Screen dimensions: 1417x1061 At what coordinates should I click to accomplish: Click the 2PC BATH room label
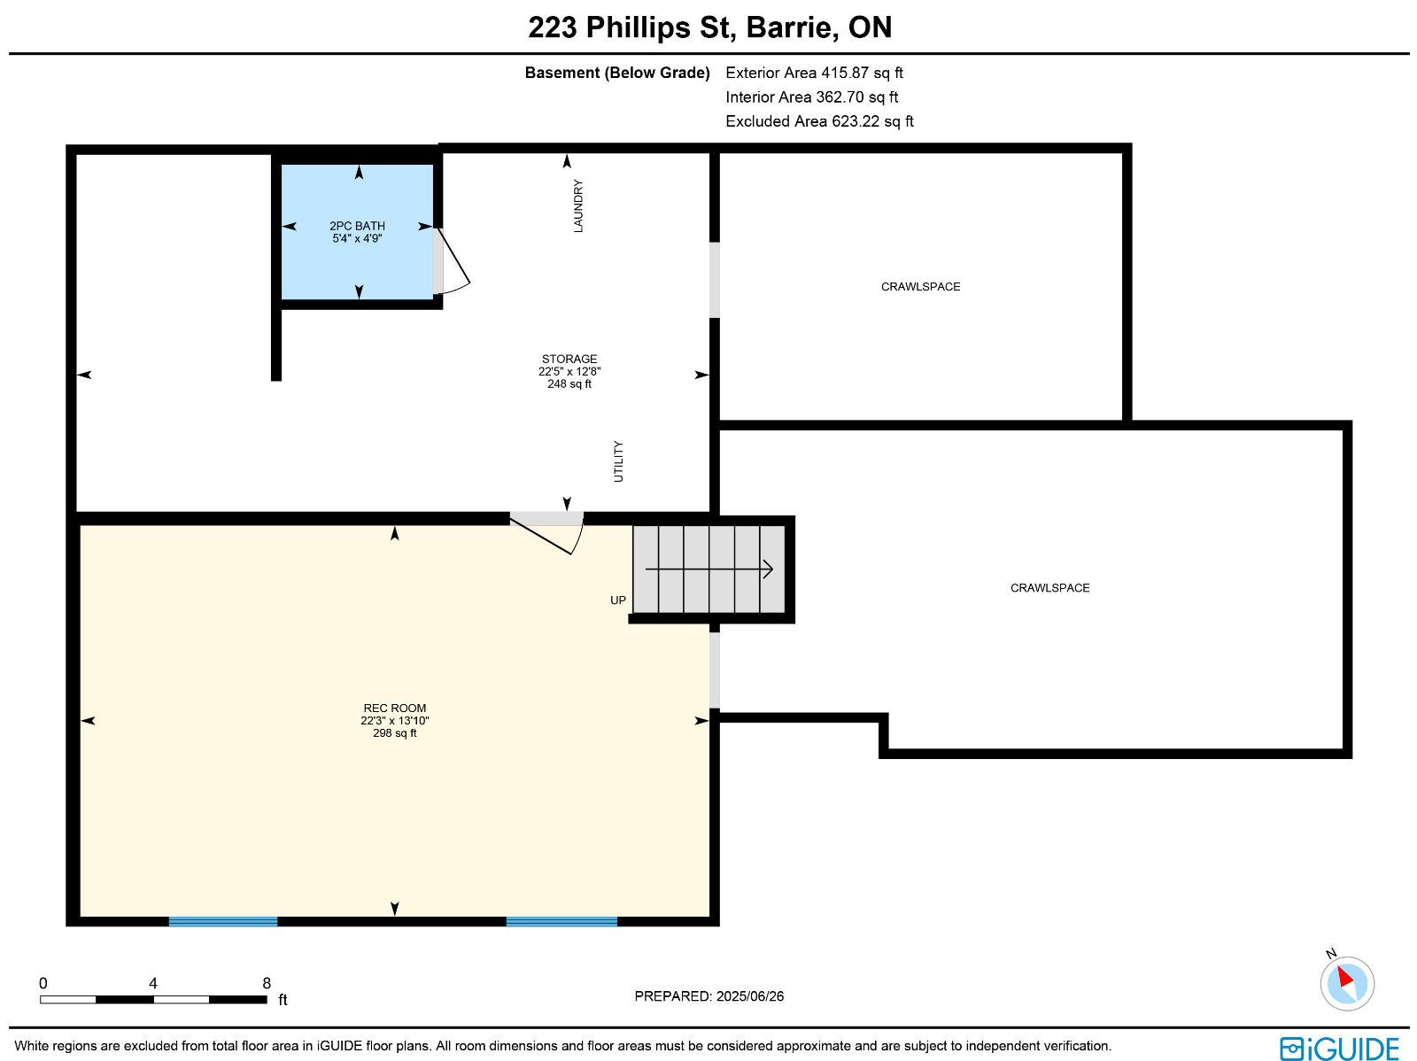pos(357,226)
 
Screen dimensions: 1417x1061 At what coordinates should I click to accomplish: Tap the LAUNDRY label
pos(578,205)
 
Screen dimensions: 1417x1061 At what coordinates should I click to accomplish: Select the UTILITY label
pos(618,461)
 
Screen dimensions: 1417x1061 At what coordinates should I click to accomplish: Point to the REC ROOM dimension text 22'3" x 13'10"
pos(394,720)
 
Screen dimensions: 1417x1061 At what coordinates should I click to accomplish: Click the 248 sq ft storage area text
pos(569,384)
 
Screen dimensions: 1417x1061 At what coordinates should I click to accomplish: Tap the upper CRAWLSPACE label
pos(920,287)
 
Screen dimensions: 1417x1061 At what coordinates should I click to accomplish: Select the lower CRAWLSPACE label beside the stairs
pos(1049,588)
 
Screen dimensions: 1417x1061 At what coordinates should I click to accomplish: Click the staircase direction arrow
pos(708,569)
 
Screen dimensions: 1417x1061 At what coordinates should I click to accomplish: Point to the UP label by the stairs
pos(618,600)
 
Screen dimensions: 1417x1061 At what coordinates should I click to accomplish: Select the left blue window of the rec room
pos(223,921)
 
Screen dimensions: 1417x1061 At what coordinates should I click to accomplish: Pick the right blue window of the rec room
pos(561,921)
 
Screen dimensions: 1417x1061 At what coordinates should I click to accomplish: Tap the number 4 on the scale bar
pos(153,983)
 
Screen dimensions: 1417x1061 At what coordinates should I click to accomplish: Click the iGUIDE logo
pos(1339,1048)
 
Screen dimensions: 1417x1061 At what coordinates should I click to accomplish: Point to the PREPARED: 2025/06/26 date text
pos(708,995)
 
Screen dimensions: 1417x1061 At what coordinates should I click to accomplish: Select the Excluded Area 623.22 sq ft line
pos(819,121)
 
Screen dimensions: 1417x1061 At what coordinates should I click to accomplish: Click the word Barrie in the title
pos(793,27)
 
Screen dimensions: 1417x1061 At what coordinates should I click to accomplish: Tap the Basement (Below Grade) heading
pos(617,73)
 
